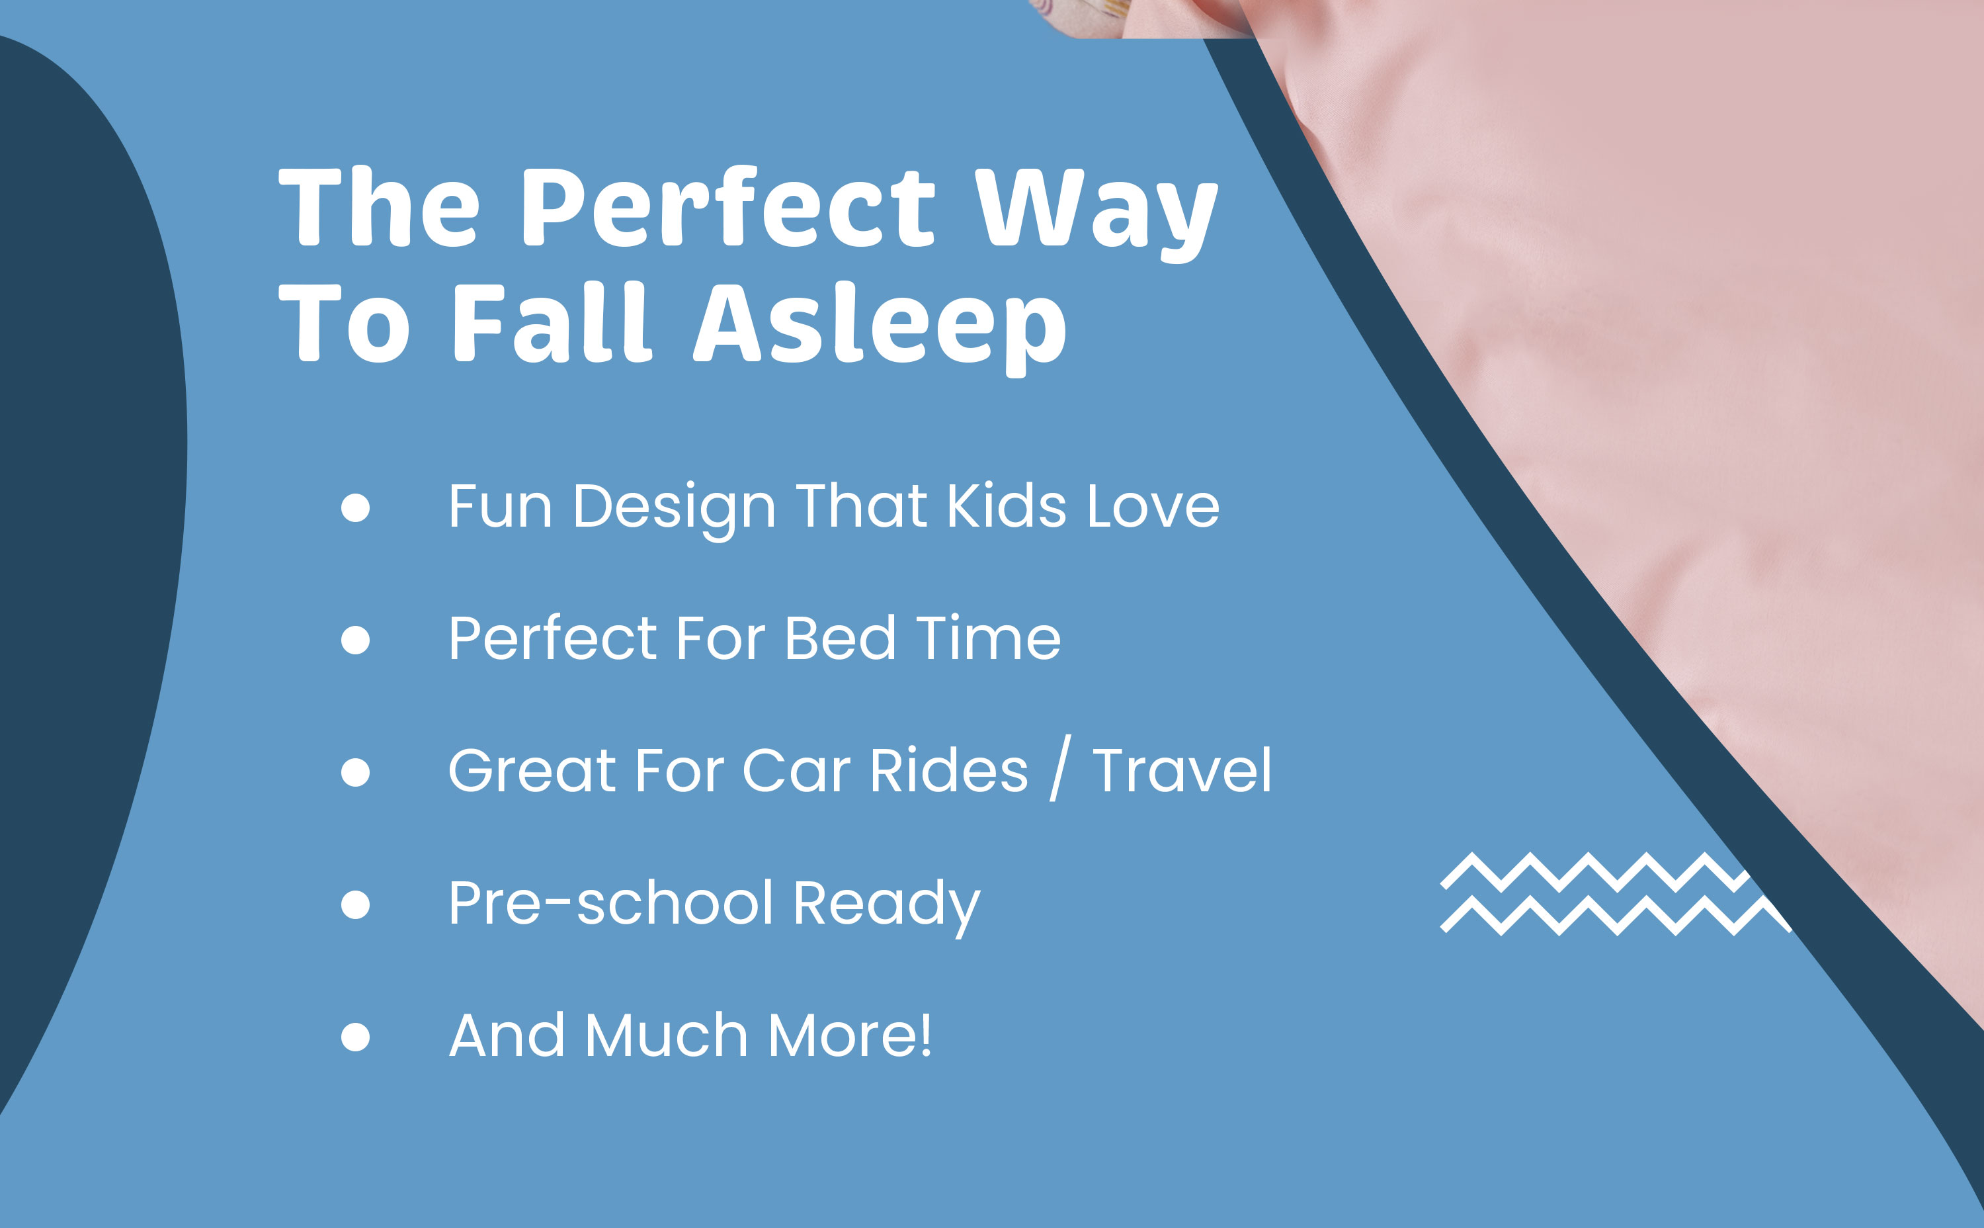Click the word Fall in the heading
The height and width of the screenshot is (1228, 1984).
pos(552,322)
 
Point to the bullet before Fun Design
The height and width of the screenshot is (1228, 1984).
pos(356,507)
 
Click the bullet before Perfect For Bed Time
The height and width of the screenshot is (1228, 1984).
pos(356,640)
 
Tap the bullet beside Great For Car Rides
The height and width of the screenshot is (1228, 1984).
pos(356,771)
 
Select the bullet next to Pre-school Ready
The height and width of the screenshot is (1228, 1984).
pos(356,904)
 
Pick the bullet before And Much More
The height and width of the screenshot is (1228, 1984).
pos(356,1036)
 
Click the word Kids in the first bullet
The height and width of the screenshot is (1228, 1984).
pos(1007,506)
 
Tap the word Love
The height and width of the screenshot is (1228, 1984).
pos(1153,507)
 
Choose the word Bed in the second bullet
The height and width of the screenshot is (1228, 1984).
pos(840,638)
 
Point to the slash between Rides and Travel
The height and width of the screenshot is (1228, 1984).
pos(1060,767)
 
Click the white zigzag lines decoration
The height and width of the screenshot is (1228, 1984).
pos(1616,894)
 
